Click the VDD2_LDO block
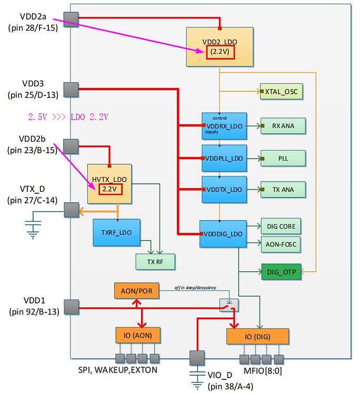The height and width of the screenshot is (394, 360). coord(219,47)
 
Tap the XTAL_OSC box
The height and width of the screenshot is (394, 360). coord(282,92)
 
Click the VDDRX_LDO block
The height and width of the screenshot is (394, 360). coord(224,126)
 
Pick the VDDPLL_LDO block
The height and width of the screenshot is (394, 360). coord(224,157)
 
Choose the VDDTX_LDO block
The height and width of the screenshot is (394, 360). coord(224,189)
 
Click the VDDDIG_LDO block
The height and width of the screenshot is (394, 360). coord(223,234)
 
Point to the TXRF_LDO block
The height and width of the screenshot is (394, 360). coord(116,232)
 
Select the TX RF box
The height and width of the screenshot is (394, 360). coord(155,261)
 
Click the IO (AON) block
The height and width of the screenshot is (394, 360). coord(138,335)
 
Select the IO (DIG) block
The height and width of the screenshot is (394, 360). coord(257,336)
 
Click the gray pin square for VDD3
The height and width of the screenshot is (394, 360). coord(71,88)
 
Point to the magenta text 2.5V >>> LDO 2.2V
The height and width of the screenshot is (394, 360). coord(68,116)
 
